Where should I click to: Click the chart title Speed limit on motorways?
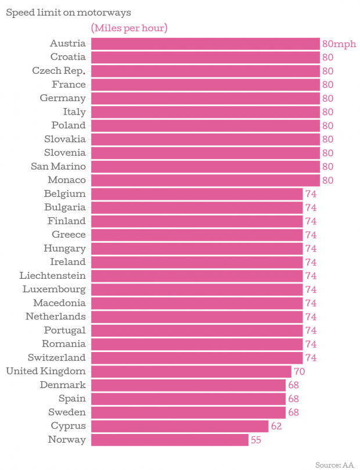click(68, 12)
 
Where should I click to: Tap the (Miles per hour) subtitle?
click(129, 28)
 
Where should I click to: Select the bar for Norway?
click(170, 440)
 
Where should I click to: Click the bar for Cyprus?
click(179, 426)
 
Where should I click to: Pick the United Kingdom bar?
click(191, 371)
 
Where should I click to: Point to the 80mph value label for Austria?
click(339, 44)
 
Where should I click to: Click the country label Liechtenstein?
click(52, 275)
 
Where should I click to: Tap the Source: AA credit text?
click(334, 464)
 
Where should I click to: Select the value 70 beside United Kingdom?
click(299, 371)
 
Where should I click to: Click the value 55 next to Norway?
click(256, 440)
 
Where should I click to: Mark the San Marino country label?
click(58, 166)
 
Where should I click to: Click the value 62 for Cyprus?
click(276, 426)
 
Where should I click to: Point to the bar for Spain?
click(188, 399)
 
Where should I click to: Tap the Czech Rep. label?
click(59, 71)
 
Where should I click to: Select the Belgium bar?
click(197, 193)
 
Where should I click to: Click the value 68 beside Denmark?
click(293, 385)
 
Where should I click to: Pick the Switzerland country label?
click(56, 357)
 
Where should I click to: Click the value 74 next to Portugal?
click(311, 331)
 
